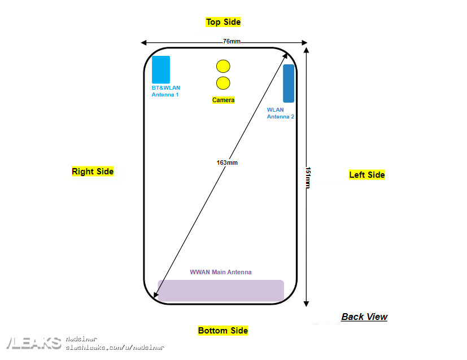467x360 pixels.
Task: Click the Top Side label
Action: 223,22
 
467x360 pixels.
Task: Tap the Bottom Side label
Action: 223,331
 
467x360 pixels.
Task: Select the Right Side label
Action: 93,172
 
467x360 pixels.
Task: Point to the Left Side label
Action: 367,175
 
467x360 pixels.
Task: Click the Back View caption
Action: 364,317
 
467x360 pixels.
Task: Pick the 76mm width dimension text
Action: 232,42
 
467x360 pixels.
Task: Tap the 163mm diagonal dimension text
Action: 227,163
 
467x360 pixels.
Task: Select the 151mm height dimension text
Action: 308,178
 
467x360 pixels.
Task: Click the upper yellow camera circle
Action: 223,66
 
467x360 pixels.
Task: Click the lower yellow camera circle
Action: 223,84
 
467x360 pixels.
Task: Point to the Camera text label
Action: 223,100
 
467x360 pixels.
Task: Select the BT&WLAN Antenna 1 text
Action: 165,91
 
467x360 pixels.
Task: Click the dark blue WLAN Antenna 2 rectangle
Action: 289,84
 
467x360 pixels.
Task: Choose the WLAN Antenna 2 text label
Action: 280,113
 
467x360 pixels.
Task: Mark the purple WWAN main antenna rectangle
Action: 221,291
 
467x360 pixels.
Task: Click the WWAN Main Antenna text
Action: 221,272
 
